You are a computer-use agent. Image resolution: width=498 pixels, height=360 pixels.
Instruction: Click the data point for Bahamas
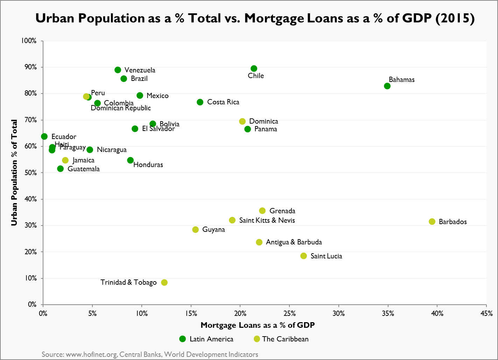point(387,86)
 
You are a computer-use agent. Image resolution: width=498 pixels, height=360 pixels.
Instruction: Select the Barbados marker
point(432,222)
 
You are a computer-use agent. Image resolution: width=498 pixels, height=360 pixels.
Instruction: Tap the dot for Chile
point(254,69)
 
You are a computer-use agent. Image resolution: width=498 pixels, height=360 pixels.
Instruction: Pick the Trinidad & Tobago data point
point(164,283)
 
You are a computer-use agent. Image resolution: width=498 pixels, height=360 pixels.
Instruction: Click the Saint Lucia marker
point(303,256)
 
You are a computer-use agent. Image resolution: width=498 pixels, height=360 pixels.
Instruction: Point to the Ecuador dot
point(44,137)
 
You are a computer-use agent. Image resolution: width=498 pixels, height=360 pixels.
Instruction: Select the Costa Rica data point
point(200,102)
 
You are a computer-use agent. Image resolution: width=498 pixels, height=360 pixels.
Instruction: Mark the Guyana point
point(195,230)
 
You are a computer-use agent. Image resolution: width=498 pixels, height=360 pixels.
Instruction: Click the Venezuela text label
point(140,70)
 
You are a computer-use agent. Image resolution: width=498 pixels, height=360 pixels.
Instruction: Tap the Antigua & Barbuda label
point(294,242)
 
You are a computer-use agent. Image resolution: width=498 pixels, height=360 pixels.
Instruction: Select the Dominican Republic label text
point(121,108)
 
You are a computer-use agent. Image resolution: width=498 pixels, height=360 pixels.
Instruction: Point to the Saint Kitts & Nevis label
point(267,221)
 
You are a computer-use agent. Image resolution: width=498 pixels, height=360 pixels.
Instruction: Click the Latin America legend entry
point(206,339)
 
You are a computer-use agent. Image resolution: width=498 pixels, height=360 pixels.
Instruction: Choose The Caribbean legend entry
point(281,339)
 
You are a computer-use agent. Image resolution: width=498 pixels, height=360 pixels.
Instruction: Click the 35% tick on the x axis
point(388,313)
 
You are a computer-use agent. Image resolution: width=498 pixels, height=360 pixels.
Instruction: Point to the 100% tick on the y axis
point(29,41)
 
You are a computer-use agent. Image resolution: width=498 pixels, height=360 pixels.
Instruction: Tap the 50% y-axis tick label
point(30,173)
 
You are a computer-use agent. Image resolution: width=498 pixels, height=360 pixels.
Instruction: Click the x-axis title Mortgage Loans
point(258,325)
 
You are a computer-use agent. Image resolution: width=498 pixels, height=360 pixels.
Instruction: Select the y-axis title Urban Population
point(14,173)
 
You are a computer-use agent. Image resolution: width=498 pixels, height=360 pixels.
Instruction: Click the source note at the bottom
point(150,354)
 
